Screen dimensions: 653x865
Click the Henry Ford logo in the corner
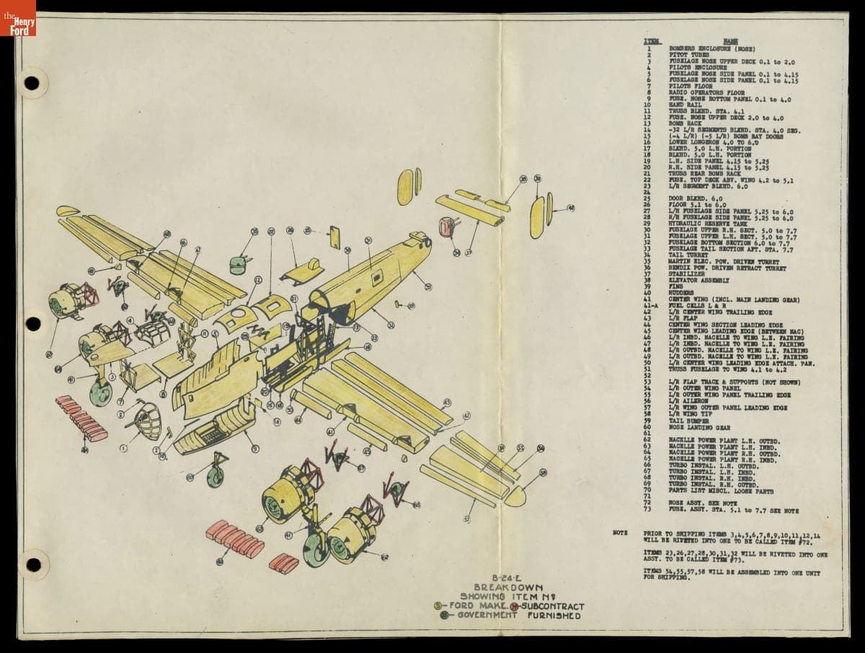[17, 17]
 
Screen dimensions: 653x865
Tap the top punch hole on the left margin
[32, 83]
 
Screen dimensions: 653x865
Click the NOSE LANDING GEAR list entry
[696, 427]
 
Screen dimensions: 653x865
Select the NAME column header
[730, 42]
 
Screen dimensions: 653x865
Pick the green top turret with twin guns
[240, 264]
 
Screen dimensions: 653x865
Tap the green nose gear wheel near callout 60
[215, 477]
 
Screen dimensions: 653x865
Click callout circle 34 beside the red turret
[456, 253]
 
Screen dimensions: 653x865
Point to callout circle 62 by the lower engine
[384, 557]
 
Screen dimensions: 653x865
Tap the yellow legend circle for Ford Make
[438, 606]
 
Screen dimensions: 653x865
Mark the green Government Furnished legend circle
[445, 615]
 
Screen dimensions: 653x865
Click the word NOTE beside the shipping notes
[619, 533]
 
